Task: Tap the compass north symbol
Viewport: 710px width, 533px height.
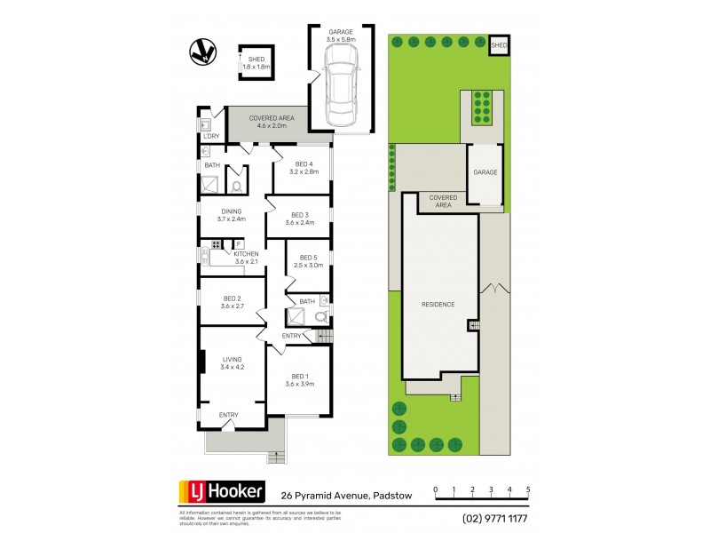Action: click(x=201, y=53)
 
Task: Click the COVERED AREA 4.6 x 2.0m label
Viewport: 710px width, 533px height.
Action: click(x=271, y=123)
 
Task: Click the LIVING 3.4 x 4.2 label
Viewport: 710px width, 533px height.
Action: click(x=231, y=363)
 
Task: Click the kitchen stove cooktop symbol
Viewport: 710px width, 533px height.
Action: click(x=216, y=244)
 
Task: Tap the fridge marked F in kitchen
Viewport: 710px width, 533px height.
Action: click(x=238, y=243)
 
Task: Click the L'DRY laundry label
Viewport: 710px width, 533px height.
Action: click(x=210, y=136)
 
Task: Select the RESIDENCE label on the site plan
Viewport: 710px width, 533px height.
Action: click(x=438, y=304)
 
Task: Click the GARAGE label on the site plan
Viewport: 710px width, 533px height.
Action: click(x=485, y=172)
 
